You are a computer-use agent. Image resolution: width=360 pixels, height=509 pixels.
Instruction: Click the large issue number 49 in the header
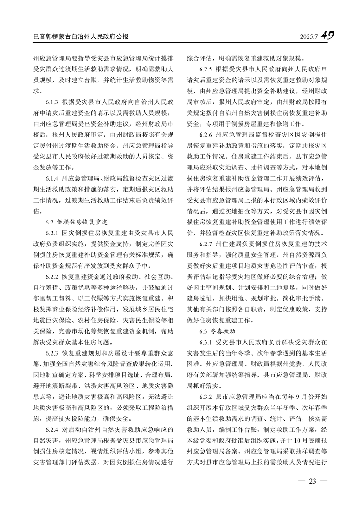pyautogui.click(x=330, y=36)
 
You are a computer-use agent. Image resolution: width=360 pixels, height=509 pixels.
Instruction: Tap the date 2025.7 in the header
pyautogui.click(x=308, y=36)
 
